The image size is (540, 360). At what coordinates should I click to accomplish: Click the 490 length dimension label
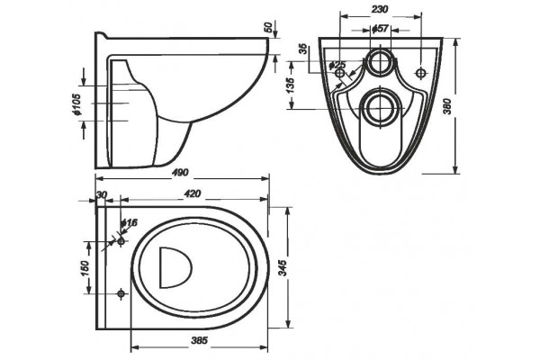pyautogui.click(x=180, y=172)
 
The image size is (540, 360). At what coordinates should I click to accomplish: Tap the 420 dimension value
pyautogui.click(x=193, y=194)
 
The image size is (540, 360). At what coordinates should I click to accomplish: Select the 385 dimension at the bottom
pyautogui.click(x=199, y=341)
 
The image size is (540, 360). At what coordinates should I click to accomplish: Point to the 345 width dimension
pyautogui.click(x=282, y=268)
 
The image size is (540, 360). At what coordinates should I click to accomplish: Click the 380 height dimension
pyautogui.click(x=447, y=107)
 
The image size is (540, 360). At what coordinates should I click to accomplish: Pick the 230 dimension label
pyautogui.click(x=380, y=9)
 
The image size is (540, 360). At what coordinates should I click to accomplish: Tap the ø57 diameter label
pyautogui.click(x=380, y=29)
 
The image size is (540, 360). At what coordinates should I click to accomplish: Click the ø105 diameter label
pyautogui.click(x=76, y=104)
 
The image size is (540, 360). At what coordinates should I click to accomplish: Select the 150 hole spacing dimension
pyautogui.click(x=85, y=268)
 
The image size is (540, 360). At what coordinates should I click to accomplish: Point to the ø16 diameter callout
pyautogui.click(x=130, y=223)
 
